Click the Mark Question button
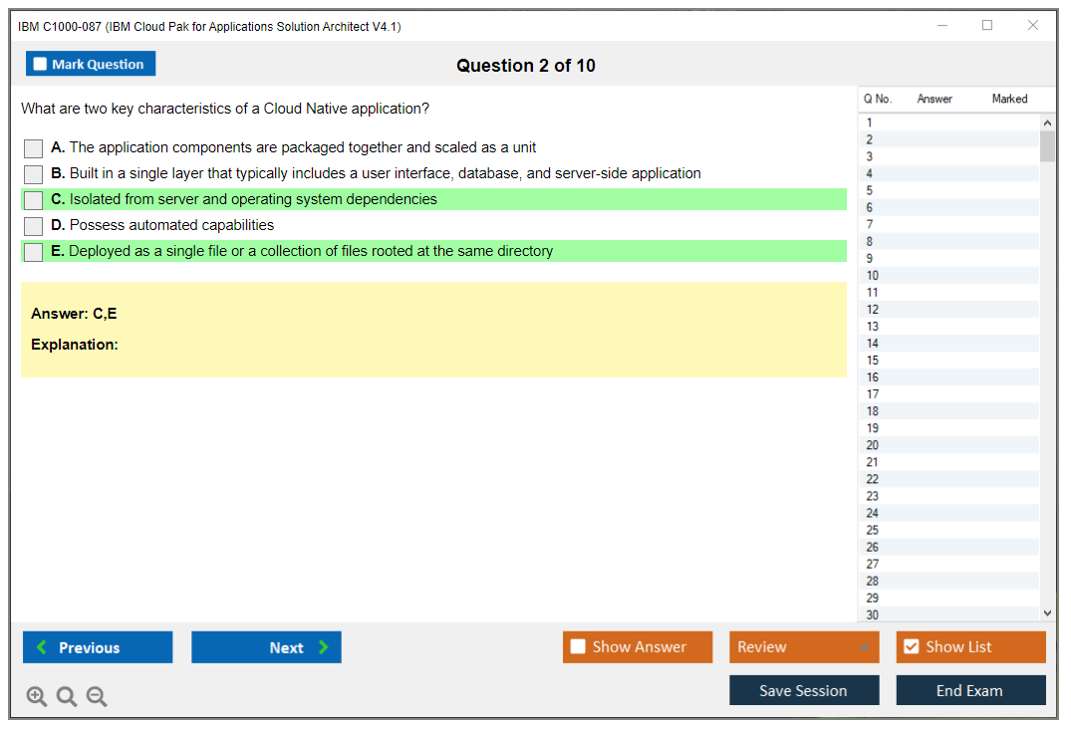[91, 64]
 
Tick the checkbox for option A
[33, 148]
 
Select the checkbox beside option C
[33, 200]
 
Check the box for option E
[33, 252]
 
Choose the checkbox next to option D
[33, 226]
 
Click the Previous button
[98, 647]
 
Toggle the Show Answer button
[638, 647]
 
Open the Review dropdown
[804, 647]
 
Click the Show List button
[970, 647]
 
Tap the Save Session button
[804, 690]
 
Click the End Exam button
[970, 690]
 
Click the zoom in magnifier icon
[36, 696]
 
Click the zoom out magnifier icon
[97, 696]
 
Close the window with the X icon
[1033, 25]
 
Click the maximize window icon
[987, 25]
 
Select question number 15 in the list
[872, 361]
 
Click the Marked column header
[1009, 99]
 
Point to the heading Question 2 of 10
[526, 66]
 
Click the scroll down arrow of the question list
[1047, 613]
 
